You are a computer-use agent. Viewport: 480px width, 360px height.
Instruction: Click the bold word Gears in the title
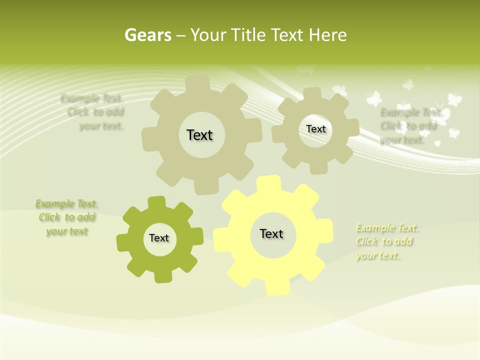[x=148, y=35]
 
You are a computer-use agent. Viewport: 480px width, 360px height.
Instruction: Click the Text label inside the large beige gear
[x=199, y=135]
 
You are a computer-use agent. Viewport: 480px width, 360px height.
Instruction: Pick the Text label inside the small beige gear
[x=315, y=129]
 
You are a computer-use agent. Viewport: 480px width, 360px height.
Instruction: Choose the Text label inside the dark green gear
[x=159, y=238]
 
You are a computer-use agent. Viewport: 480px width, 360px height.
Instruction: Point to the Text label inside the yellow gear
[x=271, y=233]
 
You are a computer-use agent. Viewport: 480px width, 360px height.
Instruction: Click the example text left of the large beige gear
[x=95, y=112]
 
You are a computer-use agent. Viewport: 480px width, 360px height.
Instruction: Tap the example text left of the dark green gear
[x=67, y=217]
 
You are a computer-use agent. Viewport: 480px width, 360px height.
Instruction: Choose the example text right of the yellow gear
[x=386, y=241]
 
